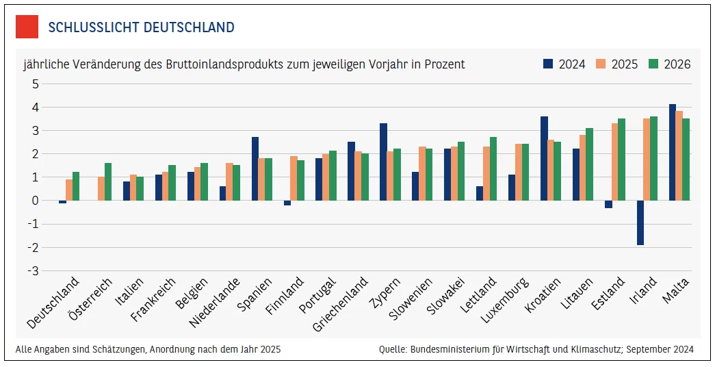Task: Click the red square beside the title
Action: coord(27,27)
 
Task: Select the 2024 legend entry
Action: coord(564,64)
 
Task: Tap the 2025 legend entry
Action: coord(616,64)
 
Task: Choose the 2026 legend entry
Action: coord(669,64)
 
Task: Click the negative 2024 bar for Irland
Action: coord(640,223)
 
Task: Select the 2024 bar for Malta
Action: coord(673,152)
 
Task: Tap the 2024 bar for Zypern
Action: coord(383,162)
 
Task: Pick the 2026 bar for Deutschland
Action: coord(76,186)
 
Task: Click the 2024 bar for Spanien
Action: coord(255,168)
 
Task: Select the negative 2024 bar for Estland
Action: coord(608,204)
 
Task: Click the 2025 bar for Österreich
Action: coord(101,188)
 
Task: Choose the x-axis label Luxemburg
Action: coord(504,301)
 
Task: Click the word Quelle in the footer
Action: coord(393,349)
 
